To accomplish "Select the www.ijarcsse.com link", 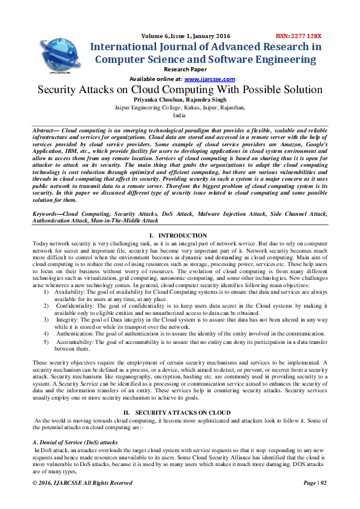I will click(209, 79).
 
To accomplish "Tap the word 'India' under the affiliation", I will click(180, 115).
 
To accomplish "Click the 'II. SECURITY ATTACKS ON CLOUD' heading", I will click(180, 411).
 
